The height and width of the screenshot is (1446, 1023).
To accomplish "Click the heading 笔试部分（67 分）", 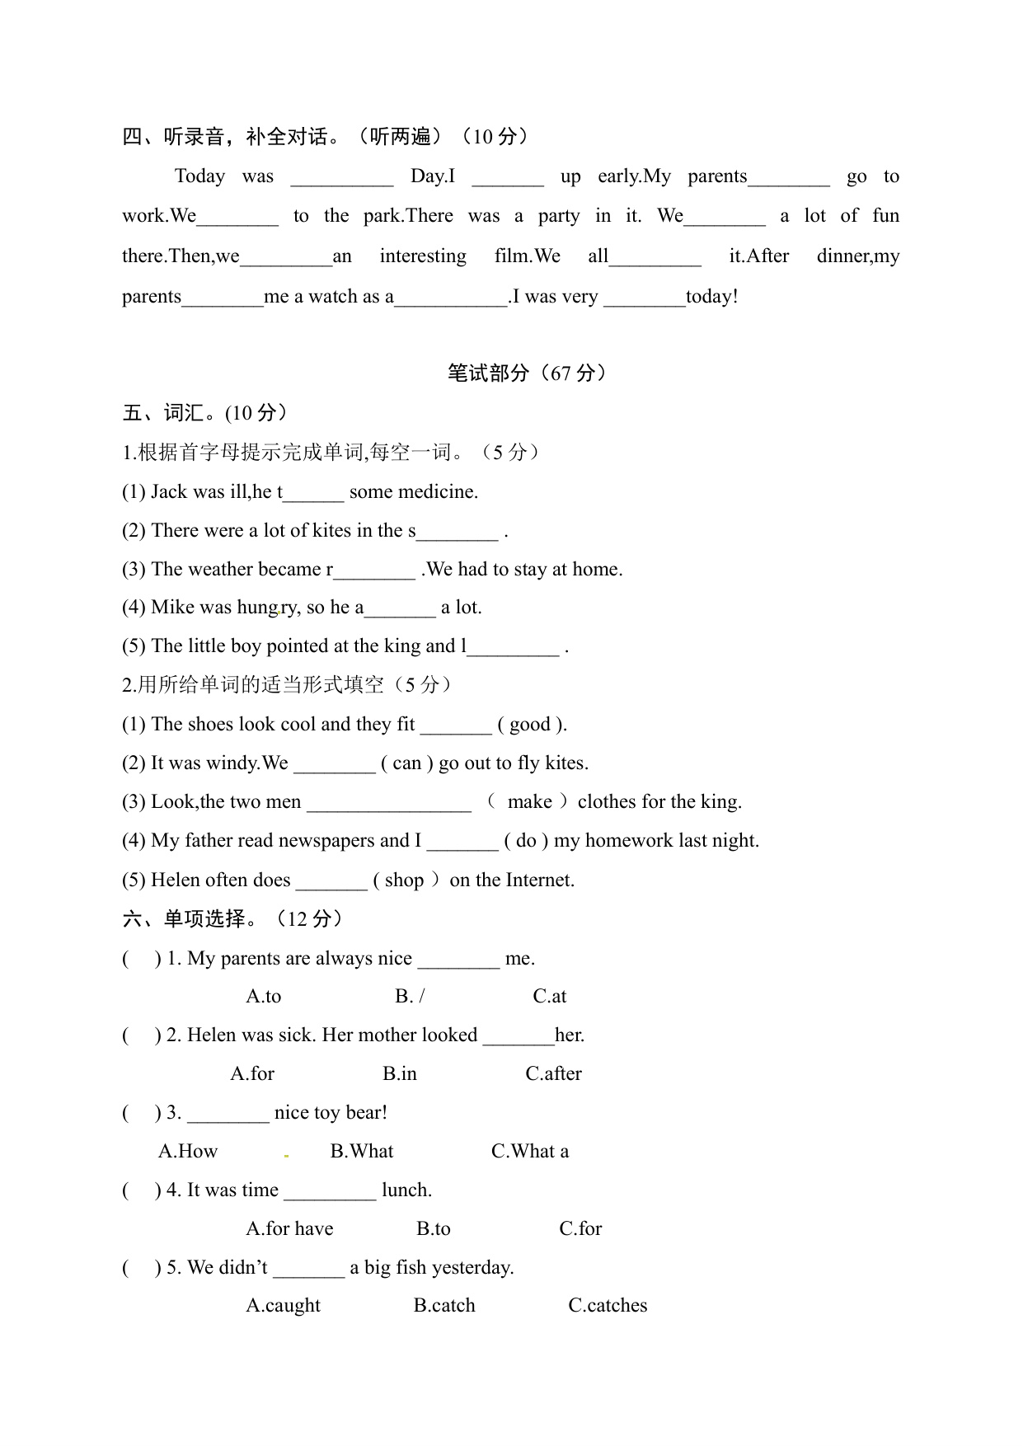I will pos(528,373).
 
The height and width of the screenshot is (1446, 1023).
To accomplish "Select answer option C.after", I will pos(553,1073).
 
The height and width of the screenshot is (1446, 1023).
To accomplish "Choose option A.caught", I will pos(283,1305).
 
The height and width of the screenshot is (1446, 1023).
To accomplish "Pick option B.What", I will pos(361,1151).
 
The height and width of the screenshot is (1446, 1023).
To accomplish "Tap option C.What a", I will pos(529,1151).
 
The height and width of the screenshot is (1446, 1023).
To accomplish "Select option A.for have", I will pos(289,1228).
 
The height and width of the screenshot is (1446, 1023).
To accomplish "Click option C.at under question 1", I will pos(549,996).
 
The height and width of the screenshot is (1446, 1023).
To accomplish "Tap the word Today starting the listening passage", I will pos(199,176).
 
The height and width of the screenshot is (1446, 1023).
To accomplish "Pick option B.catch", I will pos(444,1305).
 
